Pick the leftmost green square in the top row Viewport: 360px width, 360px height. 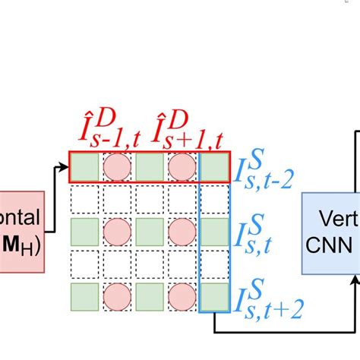pyautogui.click(x=85, y=167)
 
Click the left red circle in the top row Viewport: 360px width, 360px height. pyautogui.click(x=118, y=167)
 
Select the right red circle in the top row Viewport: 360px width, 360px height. pyautogui.click(x=182, y=167)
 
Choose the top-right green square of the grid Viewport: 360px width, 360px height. pyautogui.click(x=214, y=167)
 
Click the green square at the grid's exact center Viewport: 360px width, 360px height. pyautogui.click(x=150, y=231)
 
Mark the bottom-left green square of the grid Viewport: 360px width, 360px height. pyautogui.click(x=85, y=295)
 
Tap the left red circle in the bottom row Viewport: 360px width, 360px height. pyautogui.click(x=118, y=295)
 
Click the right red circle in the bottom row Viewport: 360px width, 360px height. pyautogui.click(x=182, y=295)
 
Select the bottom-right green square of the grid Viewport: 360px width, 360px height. pyautogui.click(x=214, y=295)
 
